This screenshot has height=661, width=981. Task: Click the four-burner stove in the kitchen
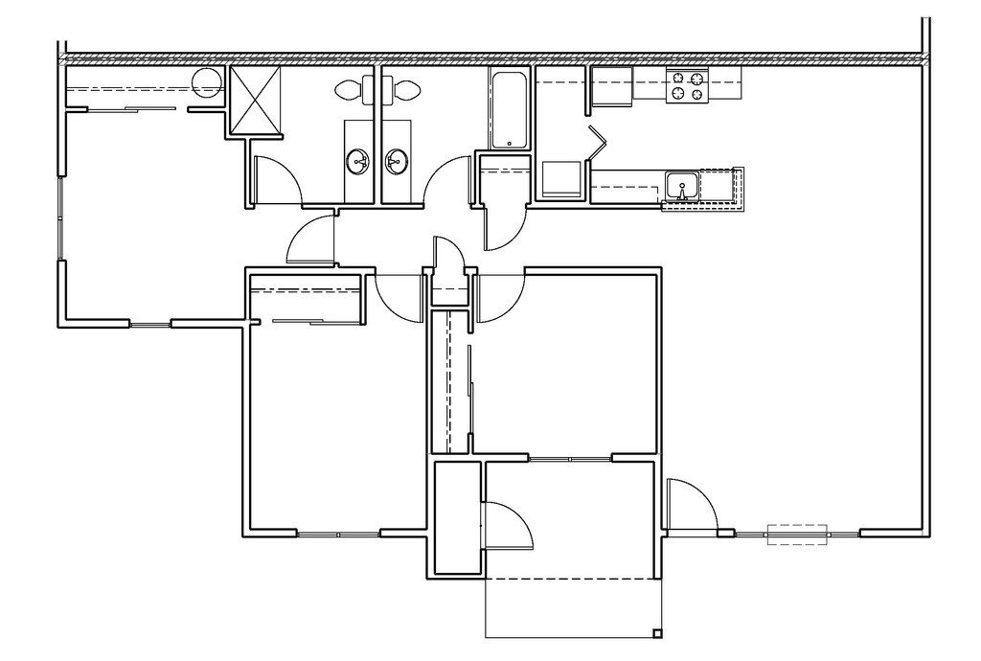pos(687,86)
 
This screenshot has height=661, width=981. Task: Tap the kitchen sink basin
pos(682,184)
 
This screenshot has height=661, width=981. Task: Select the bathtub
pos(509,108)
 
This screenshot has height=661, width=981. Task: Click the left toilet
pos(349,91)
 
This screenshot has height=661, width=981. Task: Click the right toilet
pos(406,91)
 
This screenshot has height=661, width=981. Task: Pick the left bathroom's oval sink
pos(358,161)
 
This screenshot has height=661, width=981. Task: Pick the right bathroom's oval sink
pos(396,161)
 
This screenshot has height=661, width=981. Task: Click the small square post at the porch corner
pos(657,633)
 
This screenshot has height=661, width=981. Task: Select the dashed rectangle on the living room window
pos(796,534)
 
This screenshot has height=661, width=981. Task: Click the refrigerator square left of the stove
pos(610,85)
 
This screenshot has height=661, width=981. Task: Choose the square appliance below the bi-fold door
pos(561,179)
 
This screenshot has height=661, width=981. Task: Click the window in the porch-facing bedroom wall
pos(571,459)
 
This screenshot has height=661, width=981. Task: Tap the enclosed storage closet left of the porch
pos(456,517)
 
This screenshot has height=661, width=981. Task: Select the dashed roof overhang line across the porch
pos(571,580)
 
